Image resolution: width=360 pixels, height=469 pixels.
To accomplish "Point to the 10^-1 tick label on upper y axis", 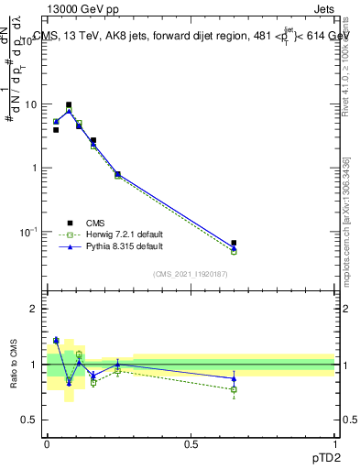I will click(30, 232).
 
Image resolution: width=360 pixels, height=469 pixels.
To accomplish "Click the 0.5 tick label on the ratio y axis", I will click(31, 420).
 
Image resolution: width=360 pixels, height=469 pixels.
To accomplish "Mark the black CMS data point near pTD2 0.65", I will click(234, 243).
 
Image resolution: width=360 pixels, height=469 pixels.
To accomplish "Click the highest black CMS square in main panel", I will click(69, 104).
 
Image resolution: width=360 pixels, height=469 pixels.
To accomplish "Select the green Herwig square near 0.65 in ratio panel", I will click(234, 389).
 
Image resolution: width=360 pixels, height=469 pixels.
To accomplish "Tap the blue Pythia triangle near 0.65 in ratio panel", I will click(234, 378).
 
